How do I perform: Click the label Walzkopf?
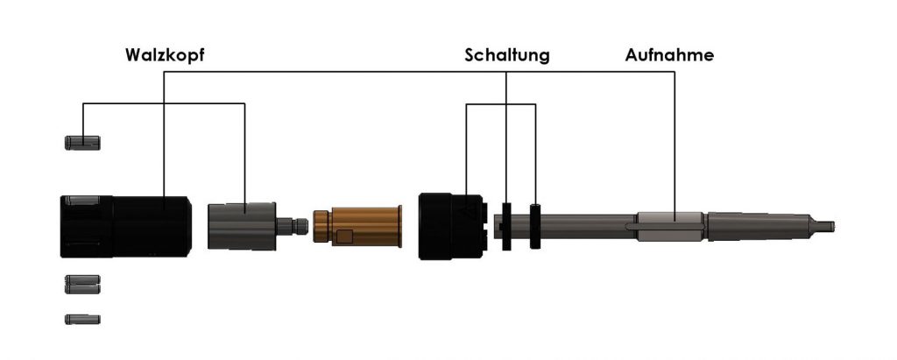coord(165,55)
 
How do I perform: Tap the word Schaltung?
coord(507,55)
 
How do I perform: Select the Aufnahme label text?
coord(669,55)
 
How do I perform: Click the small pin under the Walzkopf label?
coord(82,143)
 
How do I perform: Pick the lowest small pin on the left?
coord(82,320)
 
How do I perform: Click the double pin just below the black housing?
coord(82,285)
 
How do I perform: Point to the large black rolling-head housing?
coord(126,227)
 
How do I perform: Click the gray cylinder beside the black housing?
coord(242,226)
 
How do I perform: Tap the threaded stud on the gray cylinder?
coord(293,226)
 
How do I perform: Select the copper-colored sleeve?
coord(357,226)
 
